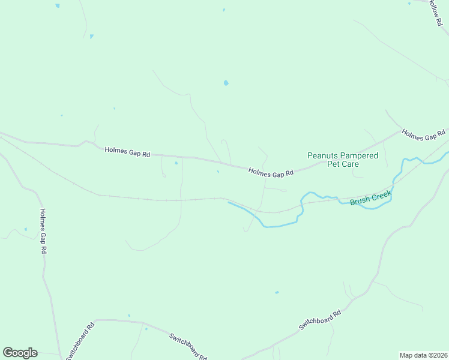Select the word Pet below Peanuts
[x=333, y=164]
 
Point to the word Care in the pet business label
[x=351, y=164]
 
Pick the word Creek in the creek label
[x=382, y=195]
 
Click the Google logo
[x=20, y=353]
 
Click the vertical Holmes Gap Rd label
[x=43, y=230]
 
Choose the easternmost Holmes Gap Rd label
[x=424, y=134]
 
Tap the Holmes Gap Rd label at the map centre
[x=271, y=172]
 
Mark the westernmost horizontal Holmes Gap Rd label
[x=127, y=152]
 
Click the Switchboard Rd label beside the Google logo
[x=80, y=341]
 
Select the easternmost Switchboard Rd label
[x=320, y=321]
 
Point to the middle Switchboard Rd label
[x=188, y=346]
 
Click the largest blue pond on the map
[x=226, y=83]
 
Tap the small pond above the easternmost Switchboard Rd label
[x=277, y=293]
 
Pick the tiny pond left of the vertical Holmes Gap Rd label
[x=26, y=229]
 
